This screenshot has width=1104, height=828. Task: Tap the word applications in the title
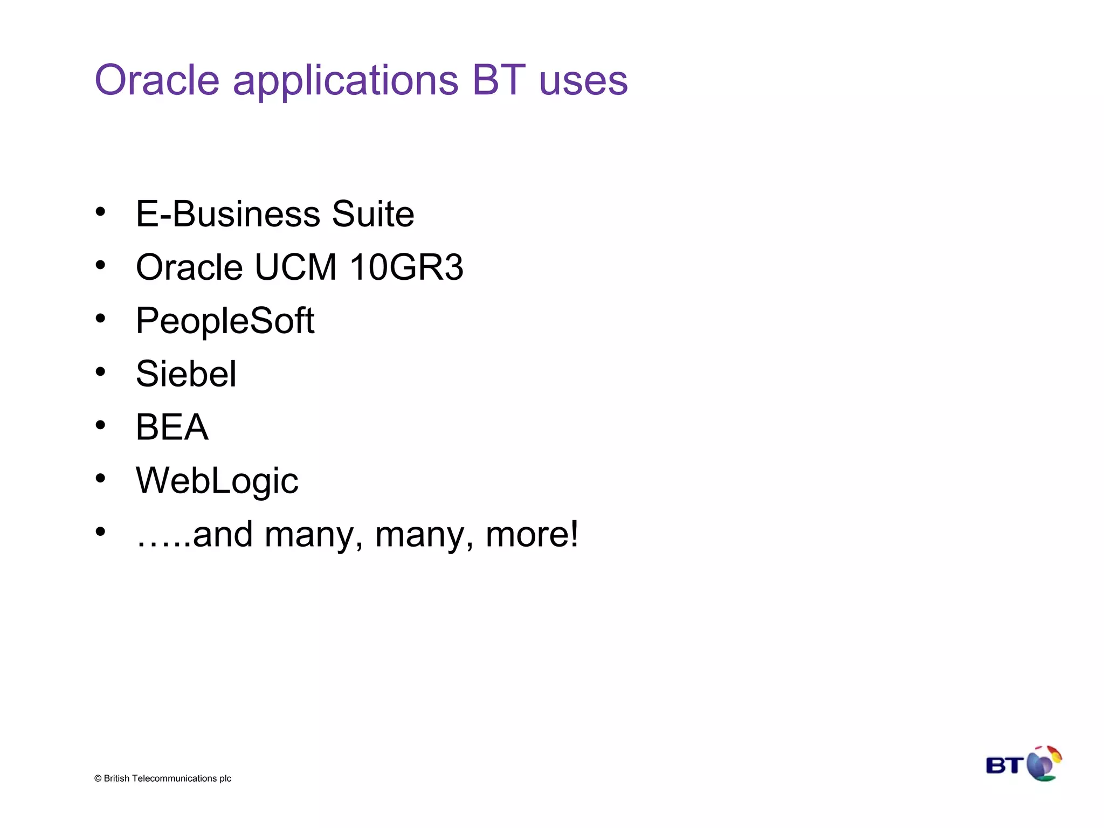[x=346, y=81]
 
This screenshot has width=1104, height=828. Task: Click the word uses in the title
[x=583, y=81]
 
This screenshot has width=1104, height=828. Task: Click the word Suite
[x=372, y=214]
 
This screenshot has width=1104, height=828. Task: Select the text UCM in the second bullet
[x=295, y=267]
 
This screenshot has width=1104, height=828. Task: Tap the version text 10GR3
[x=406, y=267]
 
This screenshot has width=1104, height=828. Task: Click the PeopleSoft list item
[x=225, y=321]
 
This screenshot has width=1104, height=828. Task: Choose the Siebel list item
[x=186, y=374]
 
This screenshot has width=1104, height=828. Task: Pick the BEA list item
[x=172, y=427]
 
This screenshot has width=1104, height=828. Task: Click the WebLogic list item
[x=217, y=480]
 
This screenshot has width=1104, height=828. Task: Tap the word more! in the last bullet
[x=532, y=534]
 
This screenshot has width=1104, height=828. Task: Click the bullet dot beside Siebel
[x=100, y=371]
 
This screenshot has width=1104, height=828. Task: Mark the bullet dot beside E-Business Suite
[x=100, y=212]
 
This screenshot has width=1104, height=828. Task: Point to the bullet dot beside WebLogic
[x=100, y=478]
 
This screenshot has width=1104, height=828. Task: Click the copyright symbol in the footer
[x=98, y=778]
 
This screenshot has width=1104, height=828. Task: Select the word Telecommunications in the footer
[x=174, y=778]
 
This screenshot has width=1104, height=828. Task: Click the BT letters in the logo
[x=1004, y=765]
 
